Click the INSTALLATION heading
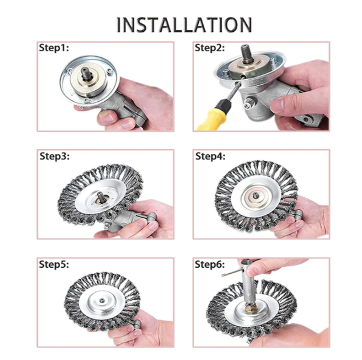pos(184,25)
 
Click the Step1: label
pos(54,48)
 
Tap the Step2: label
pos(209,48)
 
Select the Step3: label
pos(54,156)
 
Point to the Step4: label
pos(210,156)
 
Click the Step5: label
pos(54,264)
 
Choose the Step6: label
pos(209,264)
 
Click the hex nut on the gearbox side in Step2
pos(247,106)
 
